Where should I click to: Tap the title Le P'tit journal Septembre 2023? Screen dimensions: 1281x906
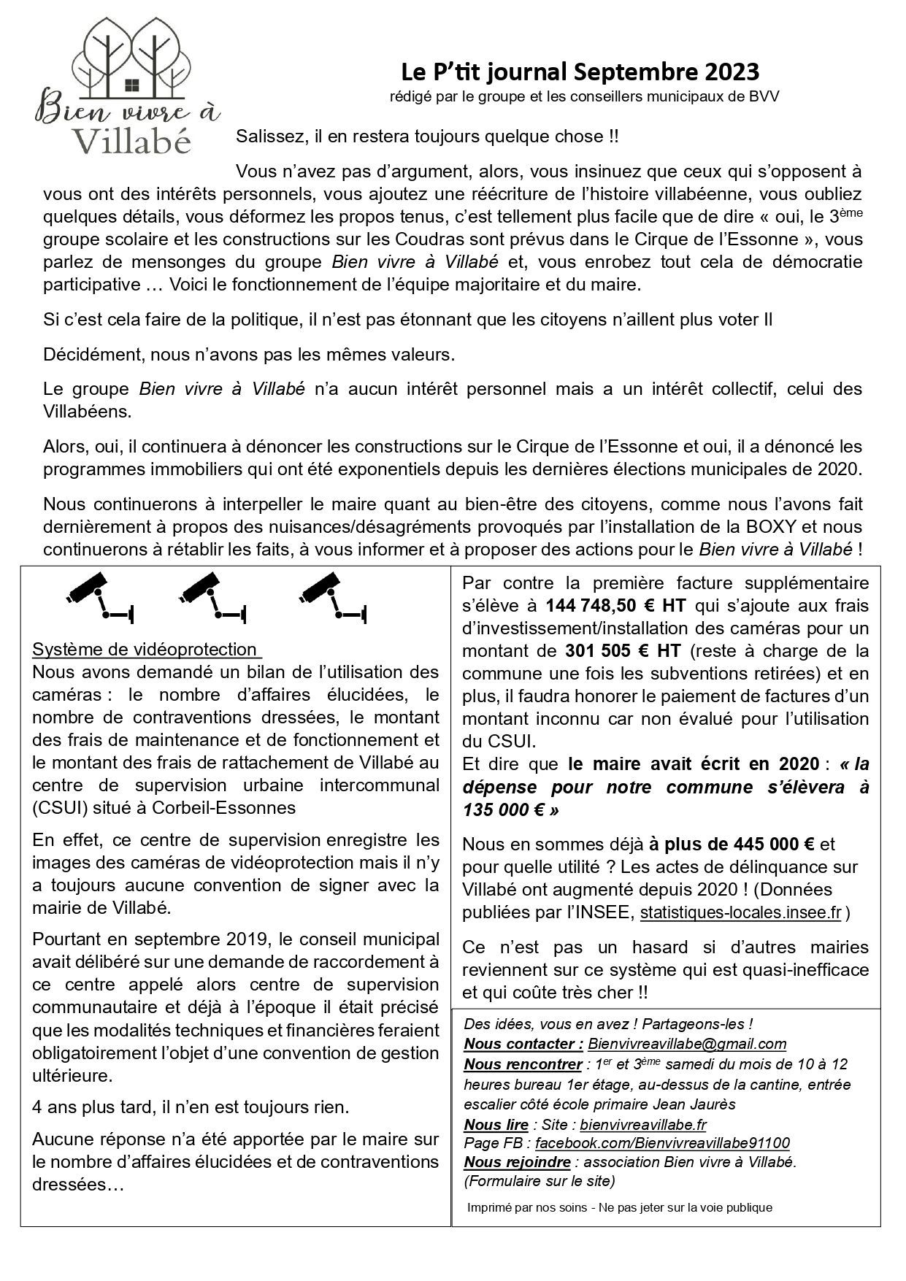pyautogui.click(x=580, y=72)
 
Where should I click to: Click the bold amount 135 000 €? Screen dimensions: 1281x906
pyautogui.click(x=504, y=809)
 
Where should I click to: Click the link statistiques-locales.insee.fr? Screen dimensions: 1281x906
pyautogui.click(x=741, y=913)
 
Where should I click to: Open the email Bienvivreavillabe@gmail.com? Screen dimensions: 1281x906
pyautogui.click(x=686, y=1044)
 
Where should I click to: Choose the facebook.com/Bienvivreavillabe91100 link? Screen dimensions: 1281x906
pyautogui.click(x=662, y=1143)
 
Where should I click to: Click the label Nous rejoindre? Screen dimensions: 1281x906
pyautogui.click(x=518, y=1161)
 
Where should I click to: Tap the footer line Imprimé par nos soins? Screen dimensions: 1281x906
pyautogui.click(x=619, y=1207)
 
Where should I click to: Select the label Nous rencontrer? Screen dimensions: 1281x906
pyautogui.click(x=523, y=1064)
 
